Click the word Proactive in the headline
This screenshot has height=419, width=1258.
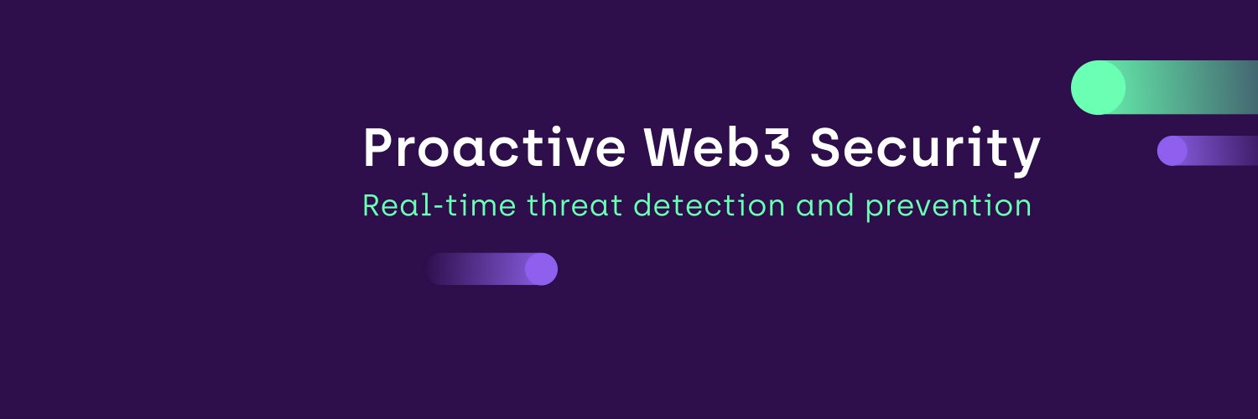(x=494, y=149)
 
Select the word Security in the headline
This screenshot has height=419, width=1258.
(x=925, y=149)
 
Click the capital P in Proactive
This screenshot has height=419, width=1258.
(x=378, y=149)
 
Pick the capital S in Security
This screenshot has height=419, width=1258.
(x=829, y=149)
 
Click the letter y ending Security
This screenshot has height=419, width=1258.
(x=1026, y=154)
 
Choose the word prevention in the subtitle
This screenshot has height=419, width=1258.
(x=948, y=205)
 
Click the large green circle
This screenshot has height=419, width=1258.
(x=1098, y=87)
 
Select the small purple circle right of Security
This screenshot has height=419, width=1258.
(x=1172, y=151)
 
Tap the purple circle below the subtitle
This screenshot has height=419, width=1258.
(x=541, y=269)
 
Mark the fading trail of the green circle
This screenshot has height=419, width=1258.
(x=1199, y=87)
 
